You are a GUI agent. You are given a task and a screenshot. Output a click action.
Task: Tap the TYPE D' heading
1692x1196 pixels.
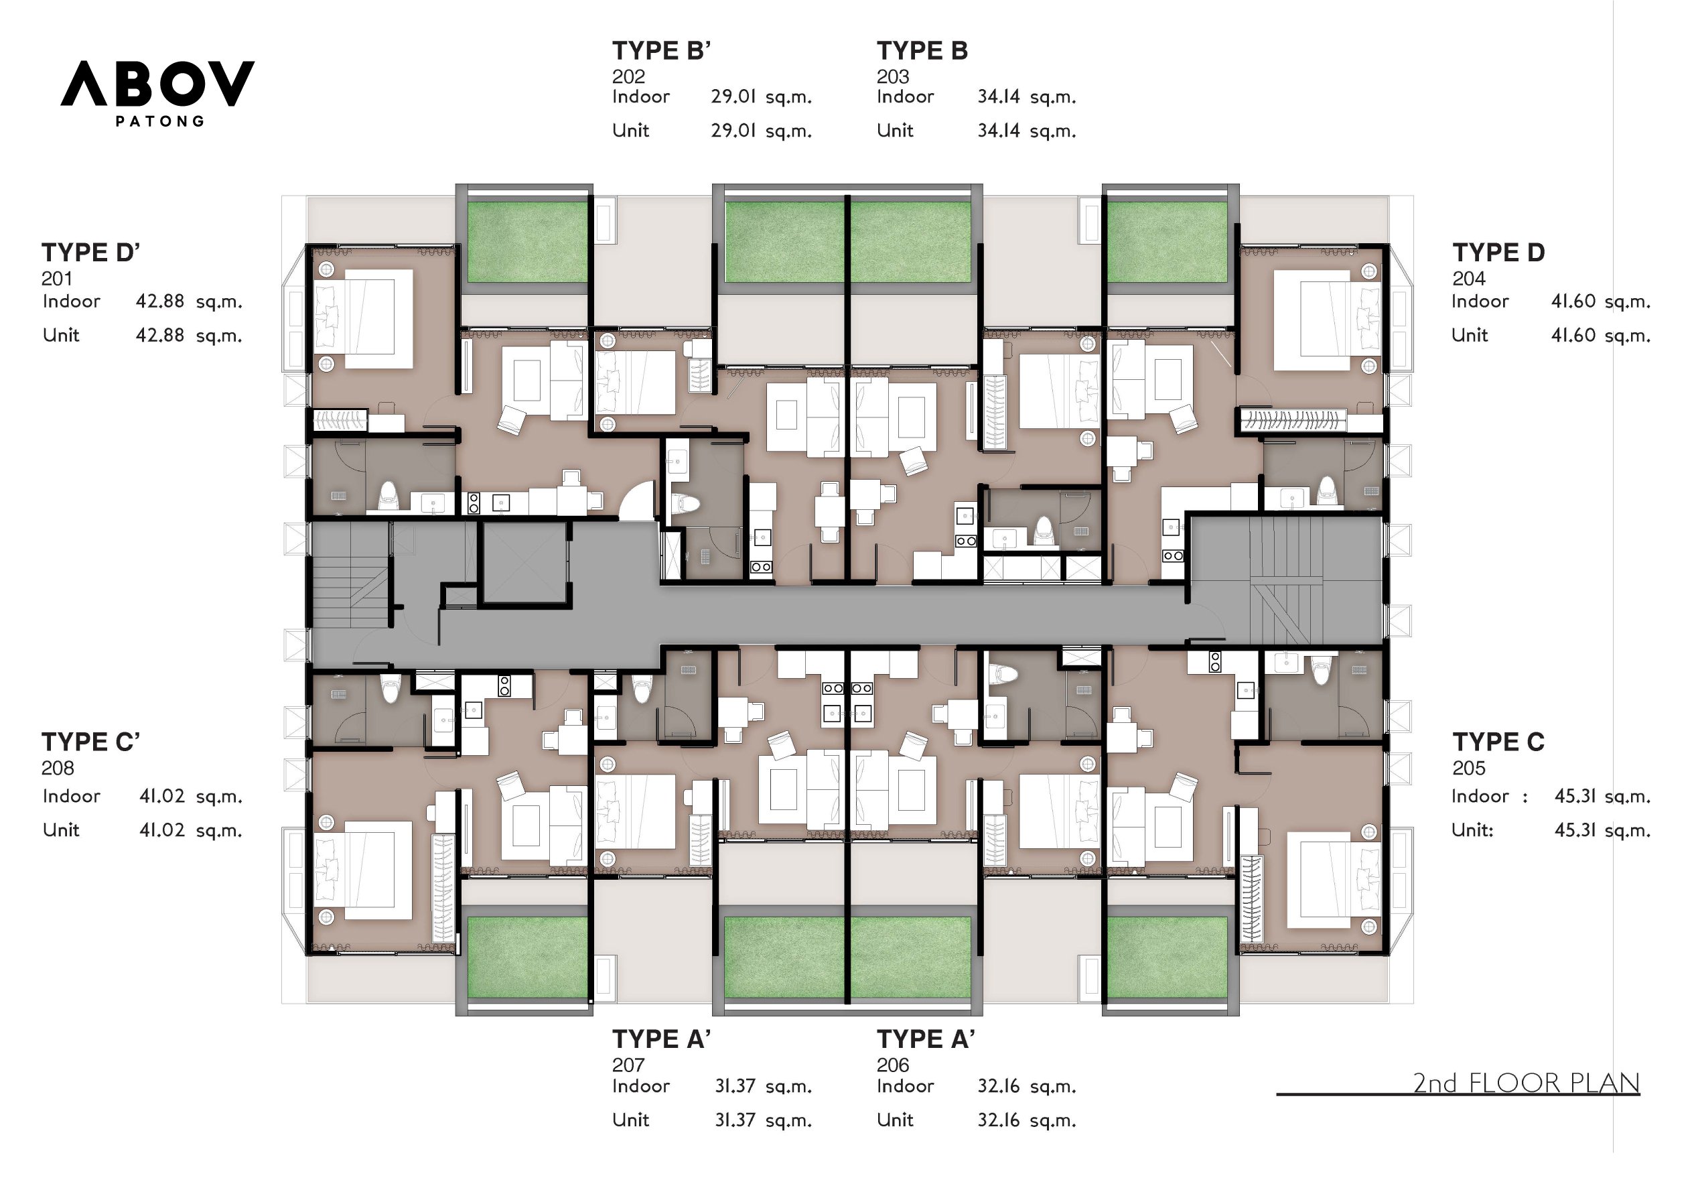(90, 253)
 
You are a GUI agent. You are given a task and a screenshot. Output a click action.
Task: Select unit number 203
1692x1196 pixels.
(892, 76)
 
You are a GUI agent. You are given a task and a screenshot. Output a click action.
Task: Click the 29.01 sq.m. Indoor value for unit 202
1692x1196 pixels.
(760, 96)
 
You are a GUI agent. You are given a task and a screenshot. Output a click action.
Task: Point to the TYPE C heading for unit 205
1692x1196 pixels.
(1498, 742)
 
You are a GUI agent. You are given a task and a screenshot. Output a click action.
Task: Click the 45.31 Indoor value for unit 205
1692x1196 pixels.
(1602, 797)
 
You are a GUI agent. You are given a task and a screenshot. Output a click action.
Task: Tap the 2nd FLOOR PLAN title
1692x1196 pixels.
(1525, 1083)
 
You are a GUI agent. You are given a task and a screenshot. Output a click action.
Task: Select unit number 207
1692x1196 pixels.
(628, 1065)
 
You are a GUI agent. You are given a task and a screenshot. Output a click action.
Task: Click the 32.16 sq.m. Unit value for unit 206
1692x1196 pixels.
(1026, 1120)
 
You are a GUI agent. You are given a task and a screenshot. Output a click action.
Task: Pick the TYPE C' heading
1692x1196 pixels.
(90, 742)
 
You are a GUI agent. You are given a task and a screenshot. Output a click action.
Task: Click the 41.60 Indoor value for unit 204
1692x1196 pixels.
(1600, 302)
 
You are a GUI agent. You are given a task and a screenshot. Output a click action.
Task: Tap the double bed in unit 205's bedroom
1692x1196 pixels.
(1334, 880)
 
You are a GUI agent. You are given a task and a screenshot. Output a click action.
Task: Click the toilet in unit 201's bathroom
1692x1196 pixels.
(389, 497)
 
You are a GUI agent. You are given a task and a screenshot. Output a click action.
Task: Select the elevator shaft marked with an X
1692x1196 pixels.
(524, 562)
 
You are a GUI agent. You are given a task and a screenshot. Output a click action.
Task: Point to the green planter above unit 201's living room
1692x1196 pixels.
(526, 242)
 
